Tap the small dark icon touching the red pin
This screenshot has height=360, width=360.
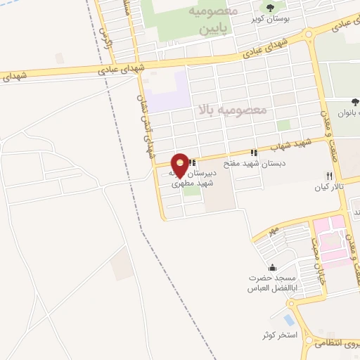[192, 163]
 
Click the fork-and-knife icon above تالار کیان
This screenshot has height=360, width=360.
[328, 176]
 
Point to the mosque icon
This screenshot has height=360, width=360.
[273, 268]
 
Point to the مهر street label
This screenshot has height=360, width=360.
[274, 231]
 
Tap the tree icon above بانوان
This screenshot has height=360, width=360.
[355, 101]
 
